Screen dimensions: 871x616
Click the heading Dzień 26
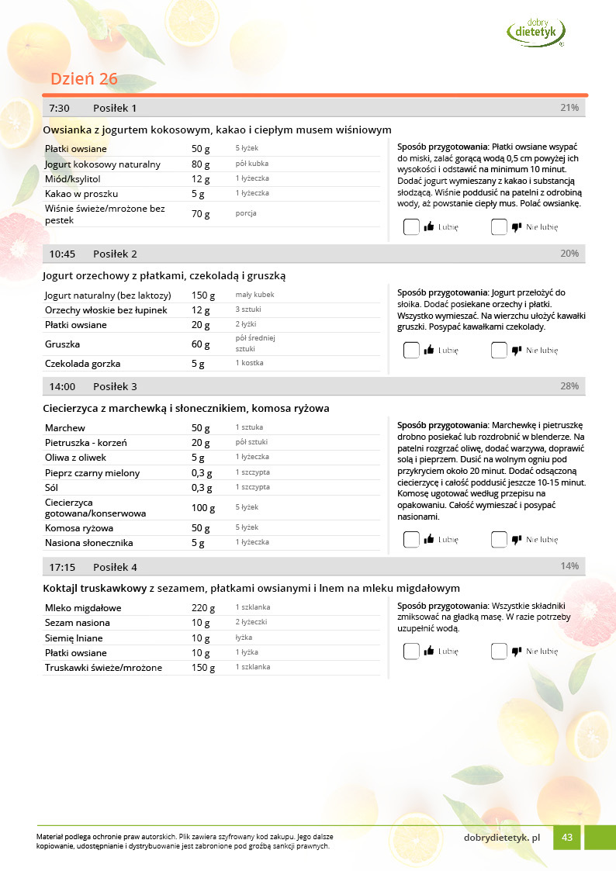coord(84,79)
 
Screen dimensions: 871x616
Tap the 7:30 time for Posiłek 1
coord(59,108)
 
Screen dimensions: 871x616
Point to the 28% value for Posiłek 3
coord(569,386)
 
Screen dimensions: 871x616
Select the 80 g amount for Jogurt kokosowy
coord(201,164)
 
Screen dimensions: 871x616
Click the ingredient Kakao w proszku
coord(81,194)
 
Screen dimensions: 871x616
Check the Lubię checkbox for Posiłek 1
coord(411,227)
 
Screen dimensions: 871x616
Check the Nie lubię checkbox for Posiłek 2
coord(499,351)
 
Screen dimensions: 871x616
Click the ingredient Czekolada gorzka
coord(82,364)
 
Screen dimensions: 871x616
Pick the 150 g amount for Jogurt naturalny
coord(203,296)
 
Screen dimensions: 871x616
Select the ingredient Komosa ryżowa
coord(79,528)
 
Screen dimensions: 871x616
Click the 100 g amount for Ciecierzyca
coord(203,508)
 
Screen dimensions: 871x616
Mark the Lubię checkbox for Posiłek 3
coord(411,540)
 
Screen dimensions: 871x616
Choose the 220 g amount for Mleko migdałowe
coord(203,608)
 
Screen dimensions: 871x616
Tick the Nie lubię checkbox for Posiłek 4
coord(499,652)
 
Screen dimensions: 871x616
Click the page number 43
coord(567,837)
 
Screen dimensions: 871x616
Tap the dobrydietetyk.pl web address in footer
coord(501,837)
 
